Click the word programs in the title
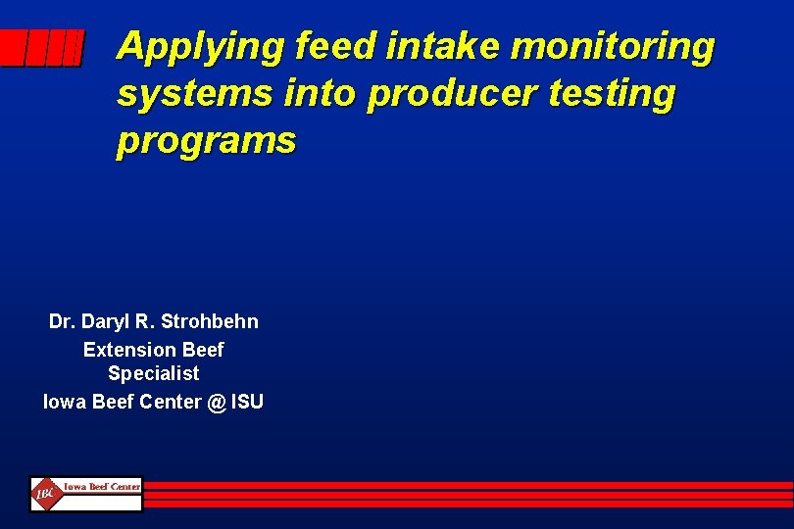point(206,141)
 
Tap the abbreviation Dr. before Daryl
point(63,321)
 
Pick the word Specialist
point(154,373)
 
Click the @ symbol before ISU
point(216,401)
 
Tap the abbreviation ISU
point(247,401)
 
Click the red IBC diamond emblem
point(45,494)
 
